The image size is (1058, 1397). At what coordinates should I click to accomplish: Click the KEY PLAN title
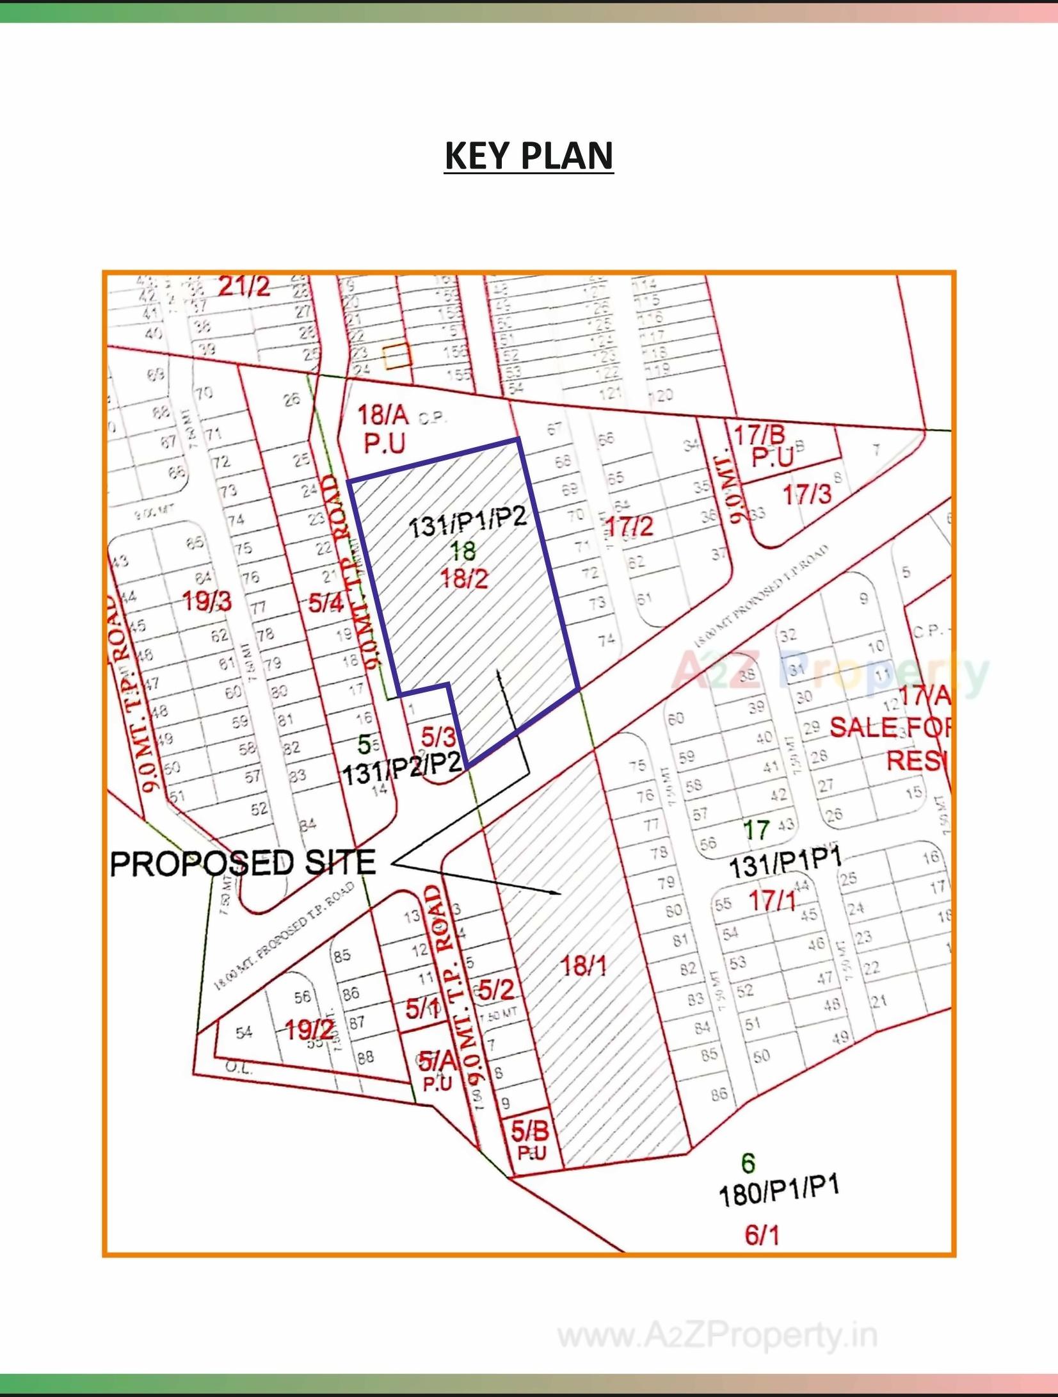(x=529, y=156)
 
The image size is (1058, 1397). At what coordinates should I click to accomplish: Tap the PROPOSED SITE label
(x=243, y=863)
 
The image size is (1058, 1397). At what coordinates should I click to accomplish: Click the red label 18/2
(x=464, y=578)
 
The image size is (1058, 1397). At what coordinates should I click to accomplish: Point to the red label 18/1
(x=583, y=965)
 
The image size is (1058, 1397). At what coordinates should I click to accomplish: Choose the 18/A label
(x=383, y=415)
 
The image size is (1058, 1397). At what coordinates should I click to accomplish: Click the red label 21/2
(x=244, y=286)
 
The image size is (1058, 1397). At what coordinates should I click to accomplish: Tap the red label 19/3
(x=207, y=601)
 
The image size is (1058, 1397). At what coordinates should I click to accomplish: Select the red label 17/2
(x=629, y=527)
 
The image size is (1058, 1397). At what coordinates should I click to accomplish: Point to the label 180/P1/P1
(x=778, y=1191)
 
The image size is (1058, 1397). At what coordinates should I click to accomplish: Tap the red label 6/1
(x=762, y=1235)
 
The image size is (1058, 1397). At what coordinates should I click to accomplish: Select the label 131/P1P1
(x=785, y=865)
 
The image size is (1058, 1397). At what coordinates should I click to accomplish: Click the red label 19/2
(x=309, y=1030)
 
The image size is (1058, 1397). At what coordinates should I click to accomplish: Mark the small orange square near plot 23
(x=396, y=356)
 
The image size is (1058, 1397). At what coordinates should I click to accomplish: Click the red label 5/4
(x=326, y=602)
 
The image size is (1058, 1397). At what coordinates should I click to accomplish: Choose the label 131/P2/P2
(x=402, y=771)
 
